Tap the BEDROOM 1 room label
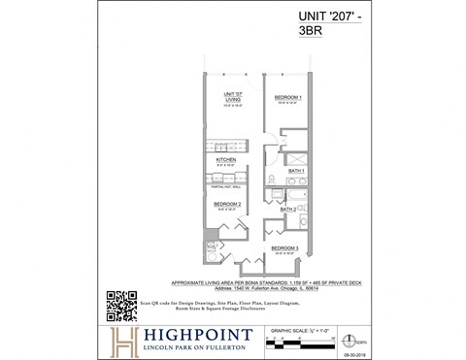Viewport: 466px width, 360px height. (287, 98)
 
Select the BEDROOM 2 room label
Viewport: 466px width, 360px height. (226, 204)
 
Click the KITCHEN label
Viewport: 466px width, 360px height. (226, 159)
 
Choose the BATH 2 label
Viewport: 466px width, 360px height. (288, 209)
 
